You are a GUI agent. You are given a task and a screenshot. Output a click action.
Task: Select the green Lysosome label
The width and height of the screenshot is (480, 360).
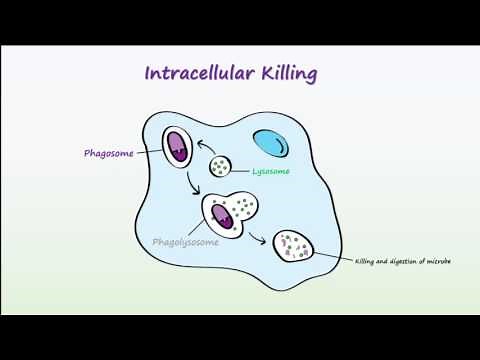(x=270, y=170)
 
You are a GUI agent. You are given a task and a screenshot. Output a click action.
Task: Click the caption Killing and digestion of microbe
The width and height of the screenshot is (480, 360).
(x=402, y=262)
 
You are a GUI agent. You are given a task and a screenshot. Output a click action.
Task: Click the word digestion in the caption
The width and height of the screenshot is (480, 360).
(x=405, y=262)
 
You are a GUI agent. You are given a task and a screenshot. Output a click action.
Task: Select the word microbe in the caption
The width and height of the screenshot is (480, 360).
(x=437, y=262)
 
